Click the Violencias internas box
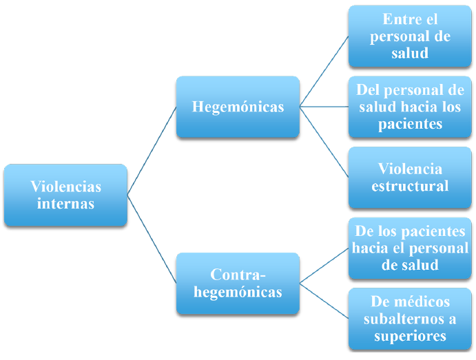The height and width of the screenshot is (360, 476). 65,195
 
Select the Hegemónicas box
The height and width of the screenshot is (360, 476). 238,107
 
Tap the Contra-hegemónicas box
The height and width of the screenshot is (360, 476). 238,284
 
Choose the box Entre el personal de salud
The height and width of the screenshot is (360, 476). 410,36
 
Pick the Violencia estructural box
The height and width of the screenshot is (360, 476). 410,178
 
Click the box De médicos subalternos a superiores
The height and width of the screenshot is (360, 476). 410,319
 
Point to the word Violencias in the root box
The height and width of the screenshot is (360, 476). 65,187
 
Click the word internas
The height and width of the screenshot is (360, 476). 65,204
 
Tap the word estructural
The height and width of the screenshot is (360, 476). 410,186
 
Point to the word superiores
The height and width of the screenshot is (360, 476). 410,336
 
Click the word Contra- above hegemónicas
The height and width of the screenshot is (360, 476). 238,275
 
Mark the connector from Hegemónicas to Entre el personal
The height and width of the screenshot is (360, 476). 324,72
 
